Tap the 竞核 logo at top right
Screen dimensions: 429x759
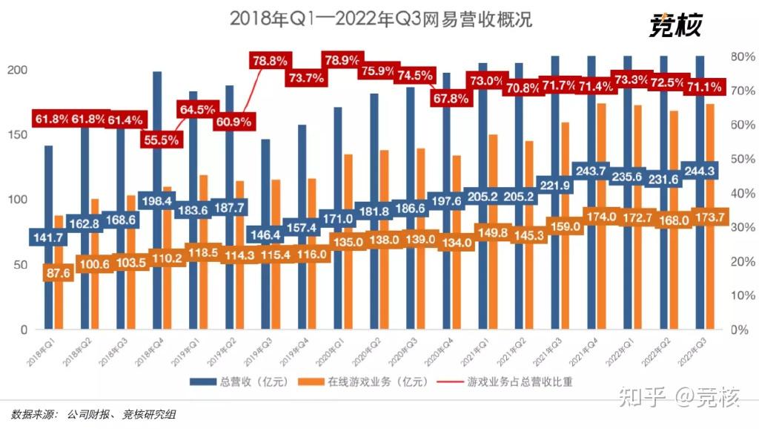click(x=675, y=25)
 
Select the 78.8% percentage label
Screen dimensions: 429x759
click(x=270, y=61)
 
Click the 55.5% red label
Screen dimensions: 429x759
click(x=161, y=139)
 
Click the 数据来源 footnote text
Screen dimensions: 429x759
click(x=93, y=413)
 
